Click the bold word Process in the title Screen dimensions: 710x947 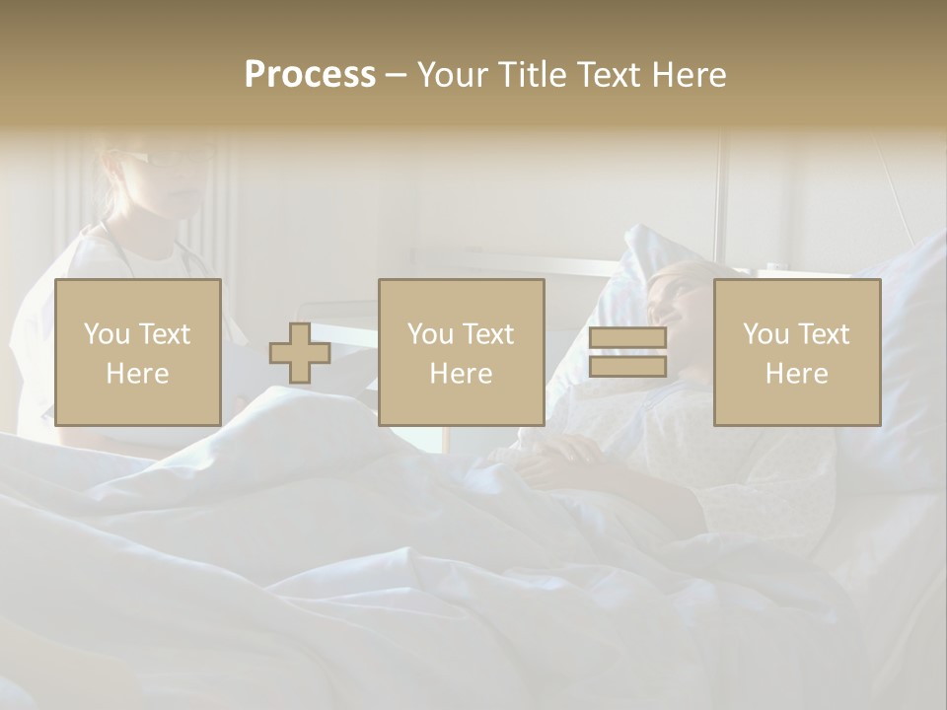coord(310,75)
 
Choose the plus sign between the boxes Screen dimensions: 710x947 coord(300,353)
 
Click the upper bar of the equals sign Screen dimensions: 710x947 coord(627,338)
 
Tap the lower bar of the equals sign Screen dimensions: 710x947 coord(627,367)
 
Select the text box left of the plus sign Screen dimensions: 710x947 coord(138,352)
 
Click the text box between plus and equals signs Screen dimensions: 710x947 coord(462,352)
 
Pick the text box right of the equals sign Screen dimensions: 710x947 coord(797,352)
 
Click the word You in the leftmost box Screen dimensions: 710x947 coord(105,334)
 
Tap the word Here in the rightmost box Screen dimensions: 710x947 coord(797,374)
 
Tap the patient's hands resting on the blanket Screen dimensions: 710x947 coord(562,454)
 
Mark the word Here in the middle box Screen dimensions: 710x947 coord(462,374)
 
